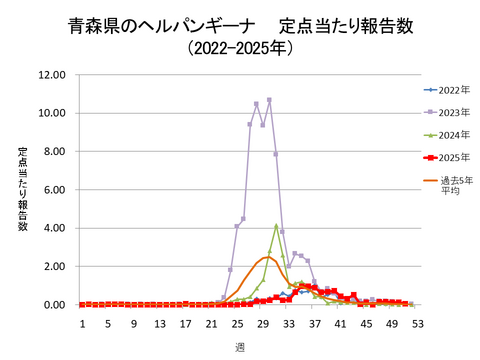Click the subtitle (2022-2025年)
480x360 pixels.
240,47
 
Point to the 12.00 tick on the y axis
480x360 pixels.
51,75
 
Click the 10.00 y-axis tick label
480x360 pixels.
51,113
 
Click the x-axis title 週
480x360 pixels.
240,346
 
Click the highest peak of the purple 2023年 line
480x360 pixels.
269,100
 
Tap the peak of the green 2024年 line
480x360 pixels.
276,225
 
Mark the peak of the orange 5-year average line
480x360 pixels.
268,258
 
